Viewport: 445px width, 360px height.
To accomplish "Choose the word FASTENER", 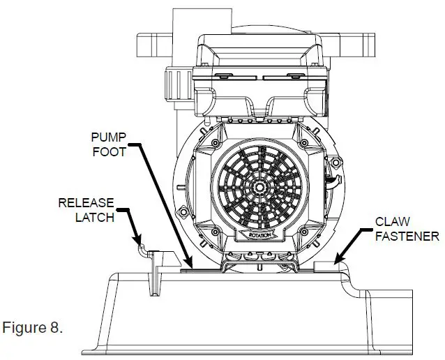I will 407,236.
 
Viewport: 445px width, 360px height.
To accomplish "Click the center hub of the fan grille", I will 259,187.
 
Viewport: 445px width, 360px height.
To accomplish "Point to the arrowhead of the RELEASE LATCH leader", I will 142,243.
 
